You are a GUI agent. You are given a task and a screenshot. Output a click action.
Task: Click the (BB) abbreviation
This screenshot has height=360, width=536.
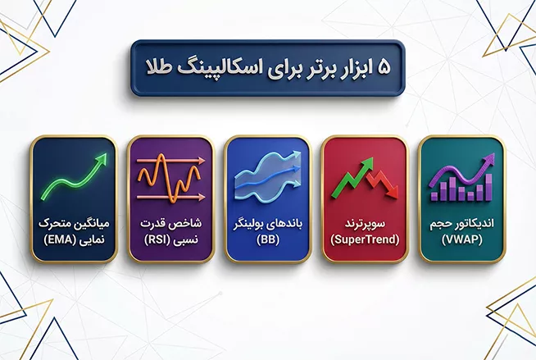point(268,239)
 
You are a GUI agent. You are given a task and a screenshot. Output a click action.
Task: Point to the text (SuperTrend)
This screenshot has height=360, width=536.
point(366,239)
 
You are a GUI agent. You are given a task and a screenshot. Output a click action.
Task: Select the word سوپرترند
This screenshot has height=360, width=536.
point(366,223)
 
